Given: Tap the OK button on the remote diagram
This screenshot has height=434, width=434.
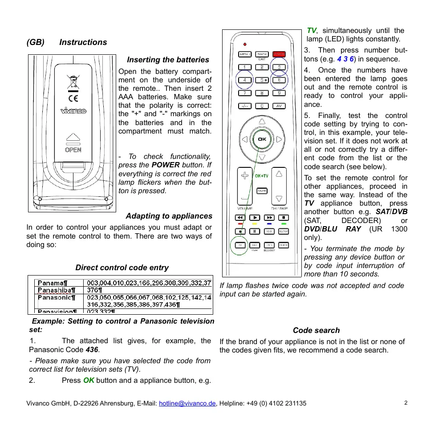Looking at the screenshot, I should (x=262, y=139).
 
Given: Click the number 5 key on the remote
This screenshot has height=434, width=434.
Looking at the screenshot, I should (x=262, y=80).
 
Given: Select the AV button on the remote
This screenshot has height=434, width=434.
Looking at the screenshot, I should (x=280, y=106).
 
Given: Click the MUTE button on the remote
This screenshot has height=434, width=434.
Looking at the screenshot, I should (x=262, y=191).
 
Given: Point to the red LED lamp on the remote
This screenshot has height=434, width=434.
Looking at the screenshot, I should (x=245, y=45).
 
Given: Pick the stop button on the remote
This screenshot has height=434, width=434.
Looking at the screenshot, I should (x=283, y=218).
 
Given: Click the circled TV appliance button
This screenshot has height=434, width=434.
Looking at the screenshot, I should (x=240, y=245).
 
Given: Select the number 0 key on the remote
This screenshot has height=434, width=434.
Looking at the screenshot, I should (x=262, y=106).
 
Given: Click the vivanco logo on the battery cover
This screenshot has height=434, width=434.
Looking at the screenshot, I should (x=73, y=111).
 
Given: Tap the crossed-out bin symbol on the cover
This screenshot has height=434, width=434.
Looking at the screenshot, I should (x=73, y=81).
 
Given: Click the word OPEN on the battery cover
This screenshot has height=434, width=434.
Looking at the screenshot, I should (x=73, y=150).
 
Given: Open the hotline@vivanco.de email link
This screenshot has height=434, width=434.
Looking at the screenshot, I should (x=187, y=403).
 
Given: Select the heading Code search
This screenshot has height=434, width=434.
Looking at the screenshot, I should (x=316, y=330).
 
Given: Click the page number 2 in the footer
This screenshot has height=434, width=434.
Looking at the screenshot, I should (x=406, y=403).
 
